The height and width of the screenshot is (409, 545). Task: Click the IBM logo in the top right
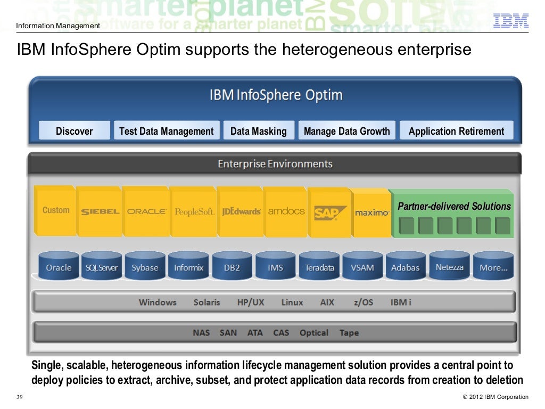[510, 20]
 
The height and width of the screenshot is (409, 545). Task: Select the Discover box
[75, 131]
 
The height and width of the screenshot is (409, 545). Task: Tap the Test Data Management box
[166, 131]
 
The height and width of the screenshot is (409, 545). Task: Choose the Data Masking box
[258, 131]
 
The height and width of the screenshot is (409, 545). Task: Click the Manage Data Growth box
[346, 131]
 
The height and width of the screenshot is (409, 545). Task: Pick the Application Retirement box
[456, 131]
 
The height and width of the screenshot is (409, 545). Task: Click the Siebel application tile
[100, 211]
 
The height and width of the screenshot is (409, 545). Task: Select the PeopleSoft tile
[194, 211]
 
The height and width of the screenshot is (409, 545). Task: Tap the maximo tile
[372, 212]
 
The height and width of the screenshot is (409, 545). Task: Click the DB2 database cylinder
[232, 267]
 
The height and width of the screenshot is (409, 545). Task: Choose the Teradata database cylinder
[319, 267]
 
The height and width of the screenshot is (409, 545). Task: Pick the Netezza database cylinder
[449, 267]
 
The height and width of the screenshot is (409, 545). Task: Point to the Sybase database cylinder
[145, 267]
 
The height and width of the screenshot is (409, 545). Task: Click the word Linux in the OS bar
[292, 302]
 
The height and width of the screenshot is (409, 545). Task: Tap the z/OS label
[364, 302]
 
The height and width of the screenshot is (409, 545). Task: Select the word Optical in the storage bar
[314, 333]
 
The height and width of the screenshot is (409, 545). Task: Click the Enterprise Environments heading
[275, 164]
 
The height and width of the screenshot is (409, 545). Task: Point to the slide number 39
[20, 396]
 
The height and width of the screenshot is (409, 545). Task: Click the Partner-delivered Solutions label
[454, 207]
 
